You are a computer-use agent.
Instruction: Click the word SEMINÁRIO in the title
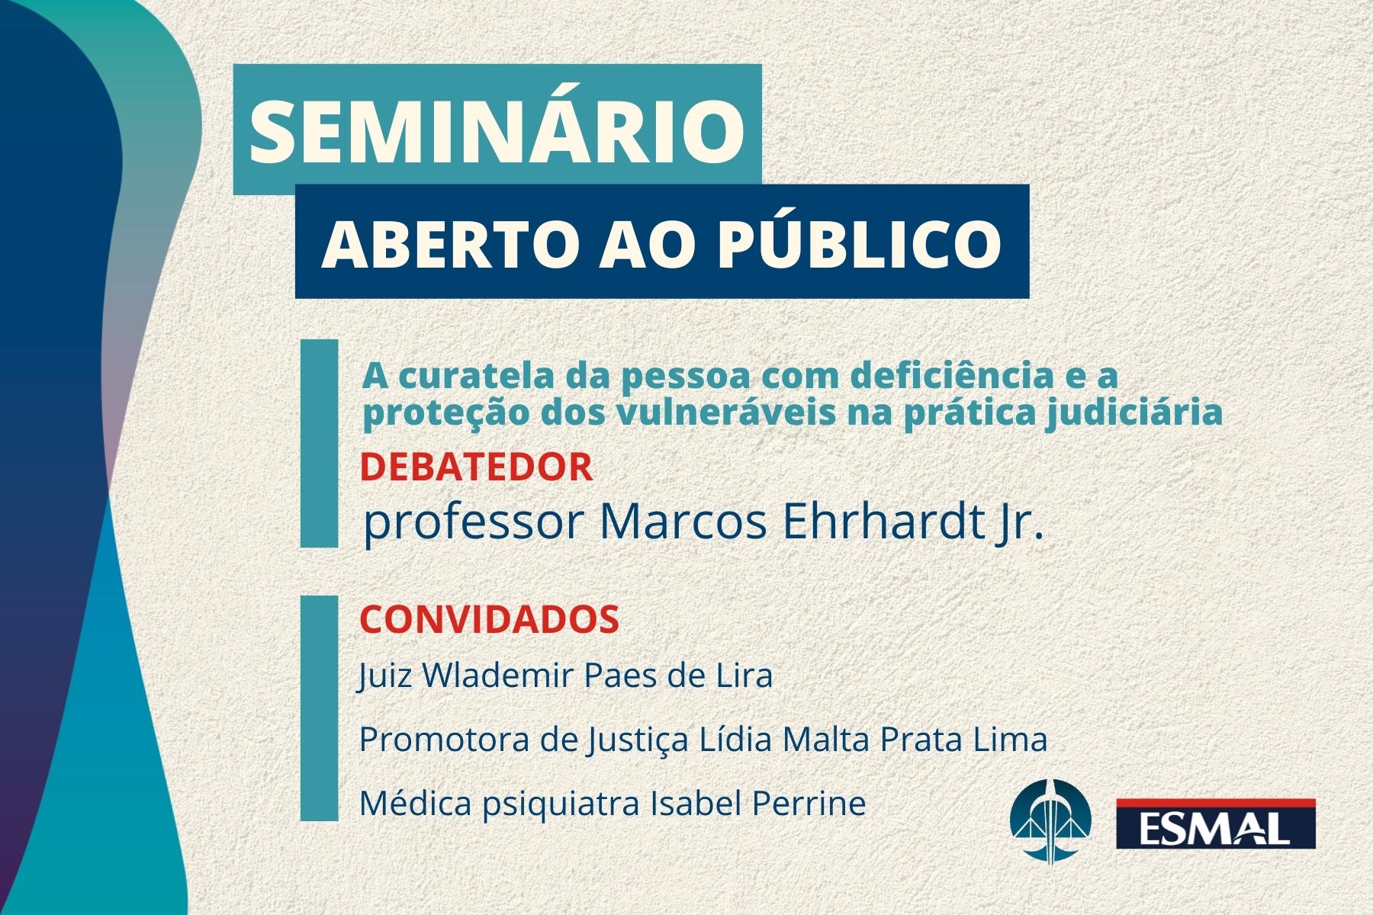pos(497,127)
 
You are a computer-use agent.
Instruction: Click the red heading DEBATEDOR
pos(476,467)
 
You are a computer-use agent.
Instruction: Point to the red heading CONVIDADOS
pos(489,619)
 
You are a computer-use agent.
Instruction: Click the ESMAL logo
pos(1216,823)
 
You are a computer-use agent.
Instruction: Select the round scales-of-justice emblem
pos(1050,821)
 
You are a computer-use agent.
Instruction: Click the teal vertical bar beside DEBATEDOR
pos(319,443)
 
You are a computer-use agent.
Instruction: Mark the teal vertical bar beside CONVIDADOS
pos(319,708)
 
